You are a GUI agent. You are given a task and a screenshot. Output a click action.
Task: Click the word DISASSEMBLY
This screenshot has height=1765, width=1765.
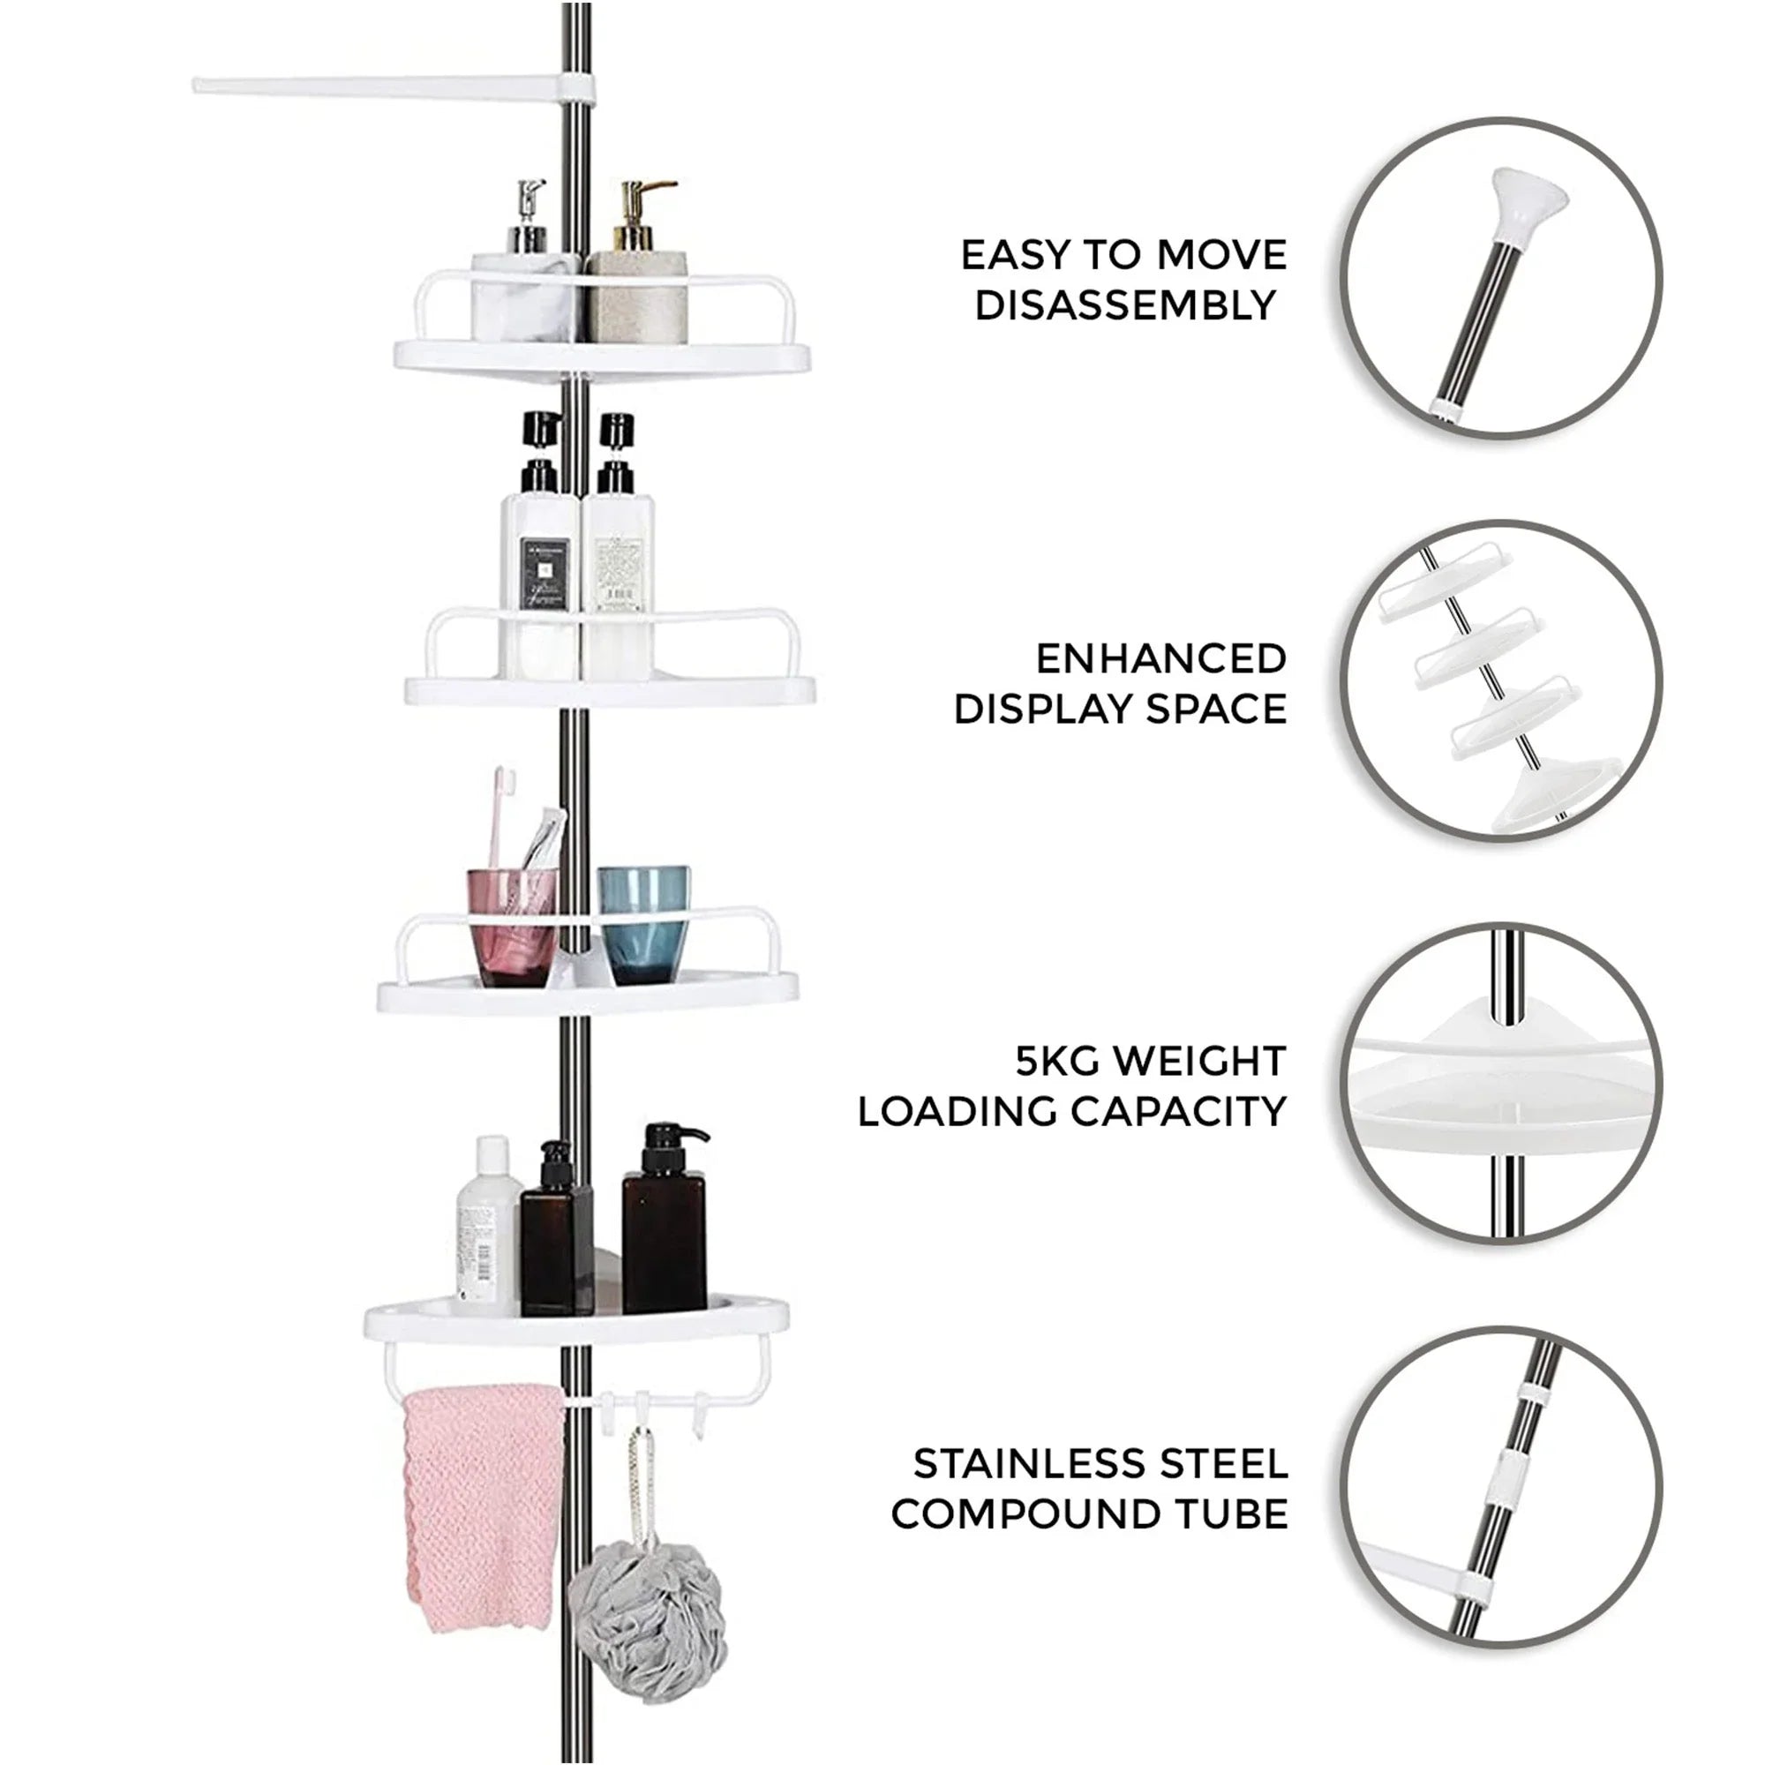pyautogui.click(x=1124, y=305)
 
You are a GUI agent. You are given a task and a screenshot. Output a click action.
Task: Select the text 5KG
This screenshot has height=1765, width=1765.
pyautogui.click(x=1058, y=1062)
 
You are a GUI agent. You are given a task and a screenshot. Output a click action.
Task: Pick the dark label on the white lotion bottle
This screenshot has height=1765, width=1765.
pyautogui.click(x=545, y=572)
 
